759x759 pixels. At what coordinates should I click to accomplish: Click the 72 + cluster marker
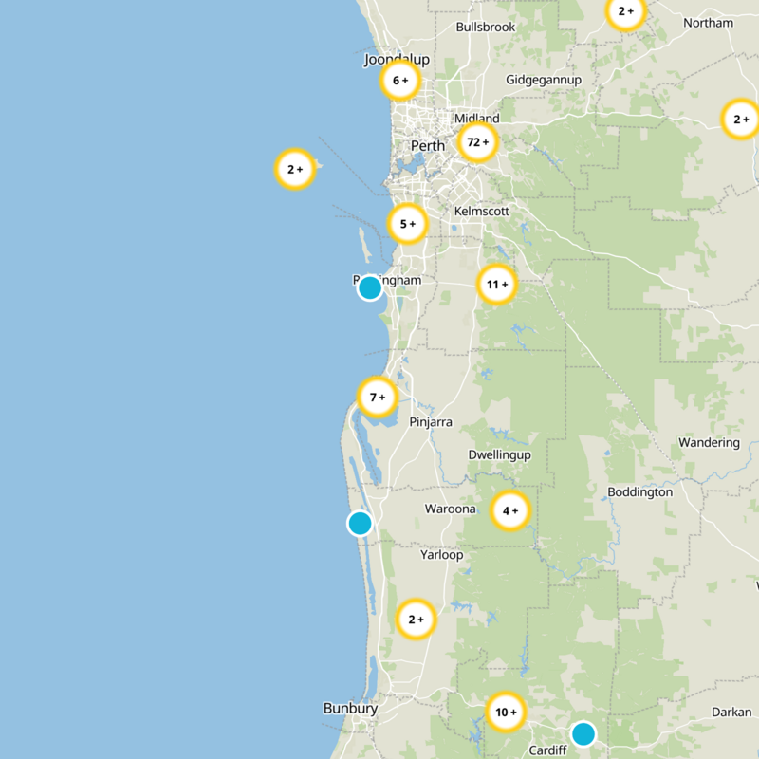(477, 142)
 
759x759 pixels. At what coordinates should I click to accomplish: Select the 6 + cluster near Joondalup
(400, 81)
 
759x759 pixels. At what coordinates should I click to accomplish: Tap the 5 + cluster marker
(408, 224)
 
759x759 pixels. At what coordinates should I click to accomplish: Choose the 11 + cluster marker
(496, 284)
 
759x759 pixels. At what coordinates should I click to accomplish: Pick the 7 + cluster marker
(378, 397)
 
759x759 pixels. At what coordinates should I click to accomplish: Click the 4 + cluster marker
(510, 511)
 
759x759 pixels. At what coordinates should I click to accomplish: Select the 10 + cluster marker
(506, 712)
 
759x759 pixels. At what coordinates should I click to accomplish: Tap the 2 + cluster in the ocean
(294, 170)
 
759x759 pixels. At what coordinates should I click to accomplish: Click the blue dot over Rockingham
(370, 287)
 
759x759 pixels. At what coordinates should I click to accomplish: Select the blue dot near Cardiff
(583, 733)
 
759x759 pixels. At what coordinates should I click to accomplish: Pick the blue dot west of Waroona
(360, 523)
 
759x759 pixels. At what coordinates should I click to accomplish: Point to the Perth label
(427, 146)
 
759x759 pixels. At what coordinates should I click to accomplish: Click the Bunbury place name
(350, 708)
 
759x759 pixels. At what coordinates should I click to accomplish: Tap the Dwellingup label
(499, 454)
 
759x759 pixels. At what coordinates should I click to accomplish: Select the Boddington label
(639, 491)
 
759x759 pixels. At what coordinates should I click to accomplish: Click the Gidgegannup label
(544, 80)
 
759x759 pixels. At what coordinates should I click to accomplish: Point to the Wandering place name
(709, 442)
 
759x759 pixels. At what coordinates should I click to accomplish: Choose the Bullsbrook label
(485, 28)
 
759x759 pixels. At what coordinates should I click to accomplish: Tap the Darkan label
(731, 712)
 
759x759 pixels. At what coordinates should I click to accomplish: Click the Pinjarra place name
(431, 421)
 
